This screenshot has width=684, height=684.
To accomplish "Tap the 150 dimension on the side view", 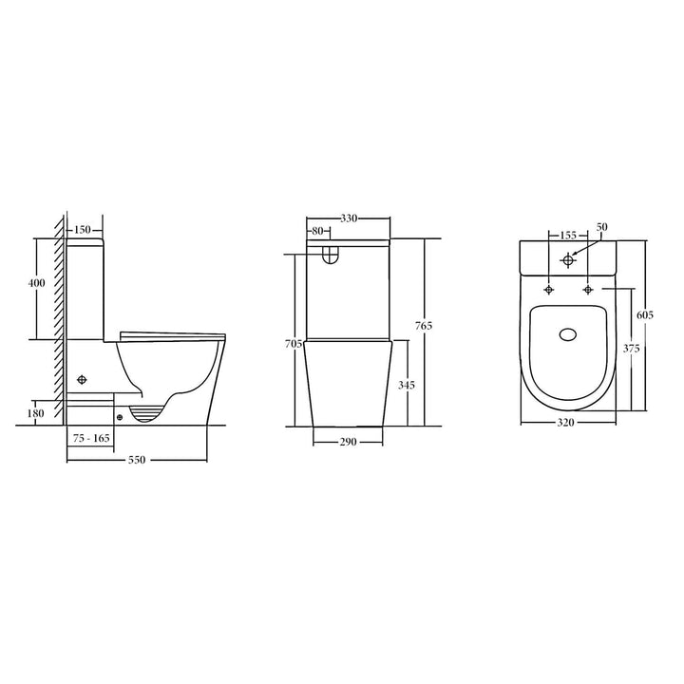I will pos(82,230).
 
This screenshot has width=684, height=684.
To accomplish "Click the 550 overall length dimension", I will pos(137,460).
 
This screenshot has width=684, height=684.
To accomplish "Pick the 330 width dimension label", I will pos(349,218).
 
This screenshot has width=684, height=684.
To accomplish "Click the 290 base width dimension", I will pos(349,442).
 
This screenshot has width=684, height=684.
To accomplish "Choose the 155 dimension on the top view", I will pos(568,234).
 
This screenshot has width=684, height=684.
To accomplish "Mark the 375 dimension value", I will pos(631,349).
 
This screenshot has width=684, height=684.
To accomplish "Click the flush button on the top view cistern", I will pos(568,259).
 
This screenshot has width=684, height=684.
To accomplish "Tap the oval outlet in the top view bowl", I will pos(569,334).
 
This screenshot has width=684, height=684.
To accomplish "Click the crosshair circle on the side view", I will pos(83,380).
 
